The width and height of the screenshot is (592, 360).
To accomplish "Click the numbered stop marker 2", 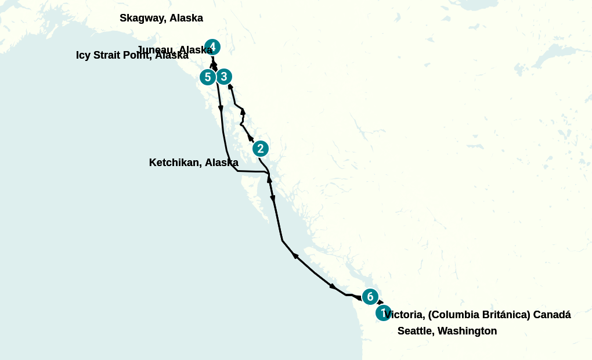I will click(261, 149).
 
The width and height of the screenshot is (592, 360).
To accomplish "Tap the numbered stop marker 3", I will click(224, 77).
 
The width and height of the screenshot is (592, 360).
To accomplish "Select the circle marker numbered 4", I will click(212, 47).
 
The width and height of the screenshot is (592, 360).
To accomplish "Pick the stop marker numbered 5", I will click(208, 77).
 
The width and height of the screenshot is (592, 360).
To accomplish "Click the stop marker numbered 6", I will click(370, 297).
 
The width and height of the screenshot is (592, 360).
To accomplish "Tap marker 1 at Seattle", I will click(383, 313).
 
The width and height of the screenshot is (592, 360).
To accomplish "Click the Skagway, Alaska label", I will click(161, 18).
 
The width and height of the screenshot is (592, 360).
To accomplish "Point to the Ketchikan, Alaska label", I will click(194, 163).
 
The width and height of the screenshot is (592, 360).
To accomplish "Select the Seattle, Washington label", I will click(447, 331).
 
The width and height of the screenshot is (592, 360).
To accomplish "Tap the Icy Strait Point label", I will click(132, 56).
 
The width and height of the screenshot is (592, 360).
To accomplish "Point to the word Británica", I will click(504, 315).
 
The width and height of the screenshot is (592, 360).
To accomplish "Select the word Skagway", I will click(142, 18).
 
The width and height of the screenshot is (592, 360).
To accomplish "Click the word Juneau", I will click(156, 49).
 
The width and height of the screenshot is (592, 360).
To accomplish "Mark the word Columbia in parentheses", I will click(454, 315).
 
